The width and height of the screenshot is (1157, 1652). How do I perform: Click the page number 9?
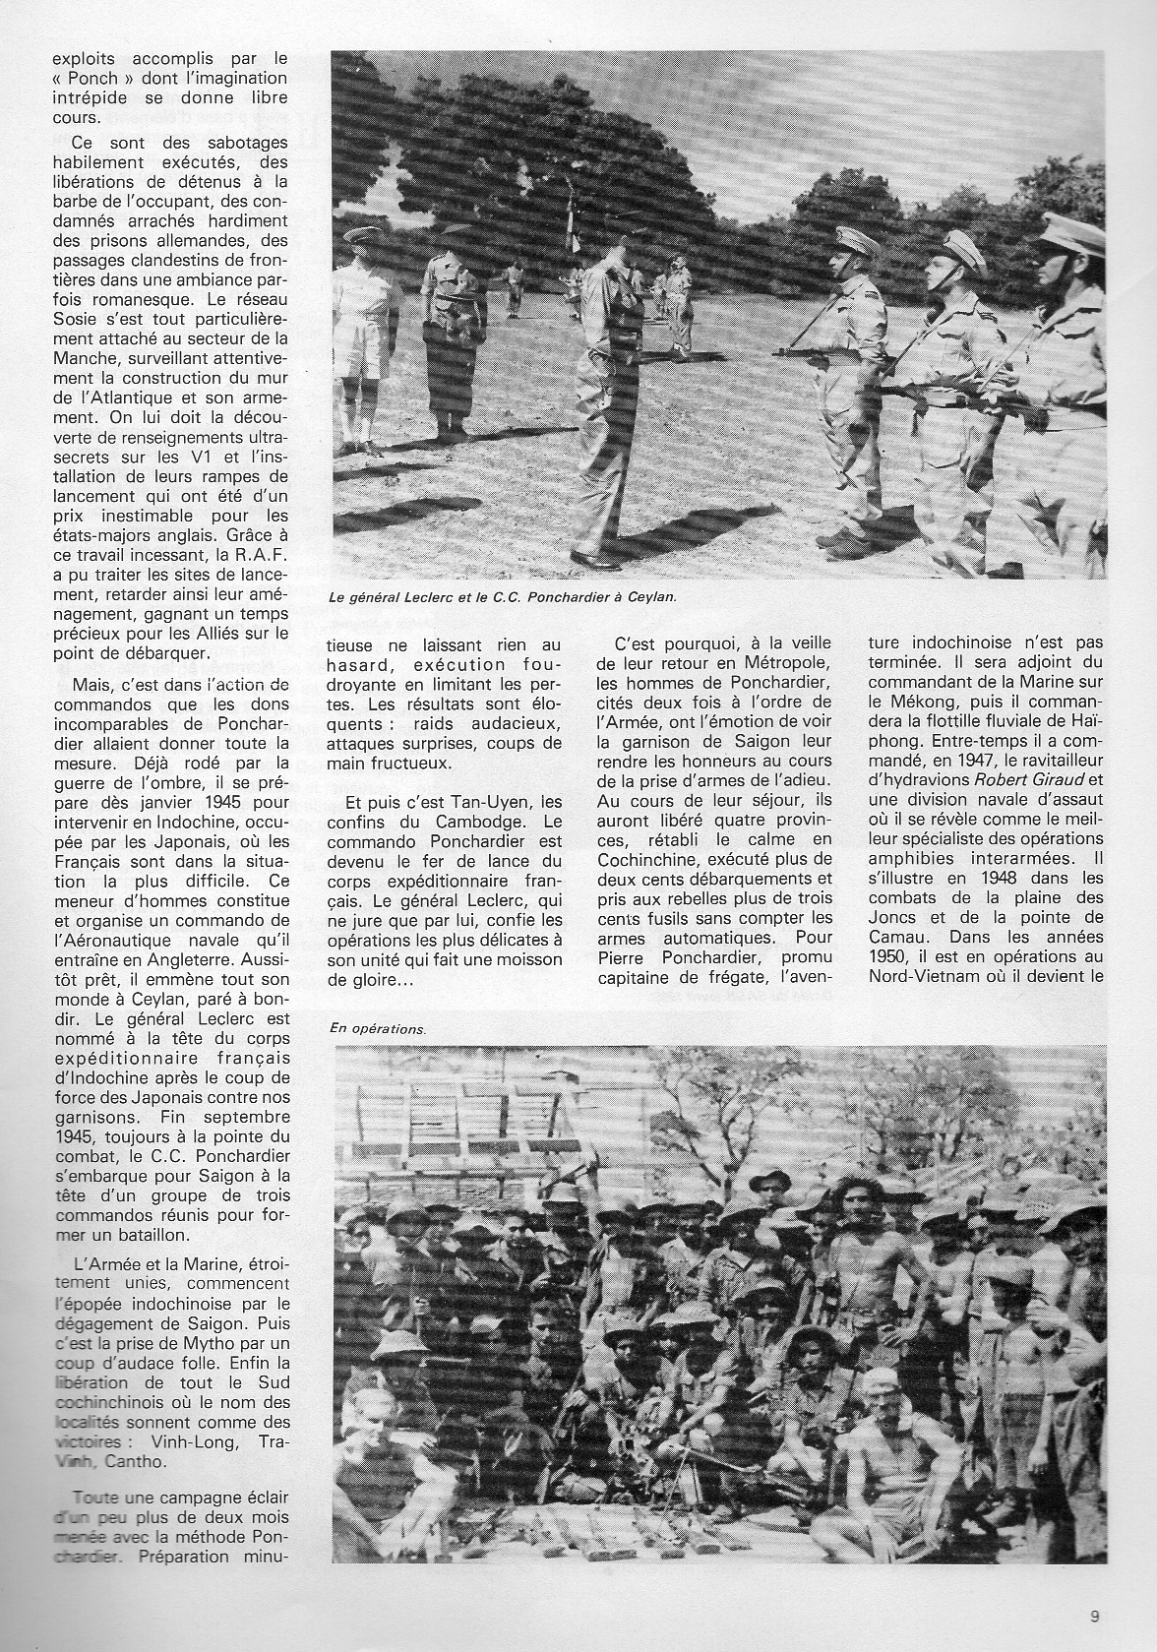tap(1095, 1614)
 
